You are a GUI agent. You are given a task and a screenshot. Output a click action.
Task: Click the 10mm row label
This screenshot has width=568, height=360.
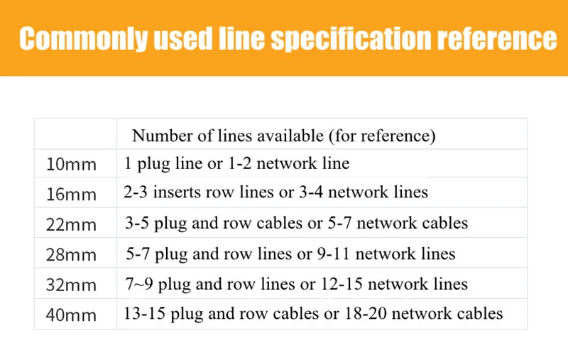point(70,165)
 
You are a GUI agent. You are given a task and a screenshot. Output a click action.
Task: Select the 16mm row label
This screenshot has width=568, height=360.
point(70,193)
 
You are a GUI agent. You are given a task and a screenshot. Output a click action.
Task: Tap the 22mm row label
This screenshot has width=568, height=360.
point(70,224)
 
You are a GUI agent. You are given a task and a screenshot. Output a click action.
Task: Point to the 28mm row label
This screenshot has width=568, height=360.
point(70,255)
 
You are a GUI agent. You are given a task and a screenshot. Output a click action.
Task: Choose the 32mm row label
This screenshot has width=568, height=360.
point(70,285)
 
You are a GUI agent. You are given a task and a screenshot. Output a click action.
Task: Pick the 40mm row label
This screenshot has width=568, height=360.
point(70,314)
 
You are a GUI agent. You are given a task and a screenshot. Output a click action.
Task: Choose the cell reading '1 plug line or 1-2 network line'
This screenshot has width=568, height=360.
point(237,164)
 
